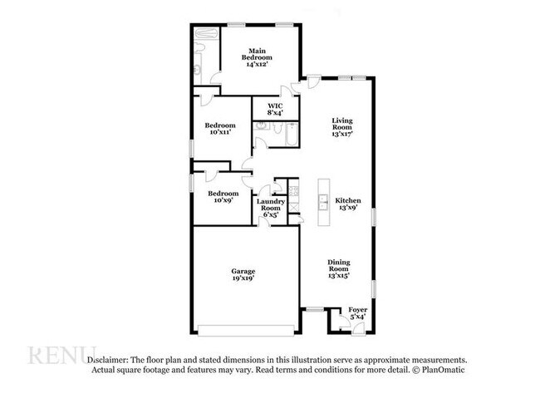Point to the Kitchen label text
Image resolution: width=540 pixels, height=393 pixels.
pyautogui.click(x=347, y=204)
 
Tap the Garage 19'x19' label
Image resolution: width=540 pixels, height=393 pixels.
pyautogui.click(x=243, y=275)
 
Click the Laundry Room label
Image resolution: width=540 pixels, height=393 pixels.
pyautogui.click(x=271, y=208)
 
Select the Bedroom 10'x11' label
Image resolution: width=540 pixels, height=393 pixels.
pyautogui.click(x=220, y=128)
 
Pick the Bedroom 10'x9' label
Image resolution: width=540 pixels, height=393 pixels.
pyautogui.click(x=223, y=197)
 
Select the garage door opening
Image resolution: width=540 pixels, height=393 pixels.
pyautogui.click(x=245, y=327)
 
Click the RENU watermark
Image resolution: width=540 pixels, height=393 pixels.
pyautogui.click(x=62, y=355)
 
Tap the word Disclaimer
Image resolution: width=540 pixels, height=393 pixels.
pyautogui.click(x=109, y=358)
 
